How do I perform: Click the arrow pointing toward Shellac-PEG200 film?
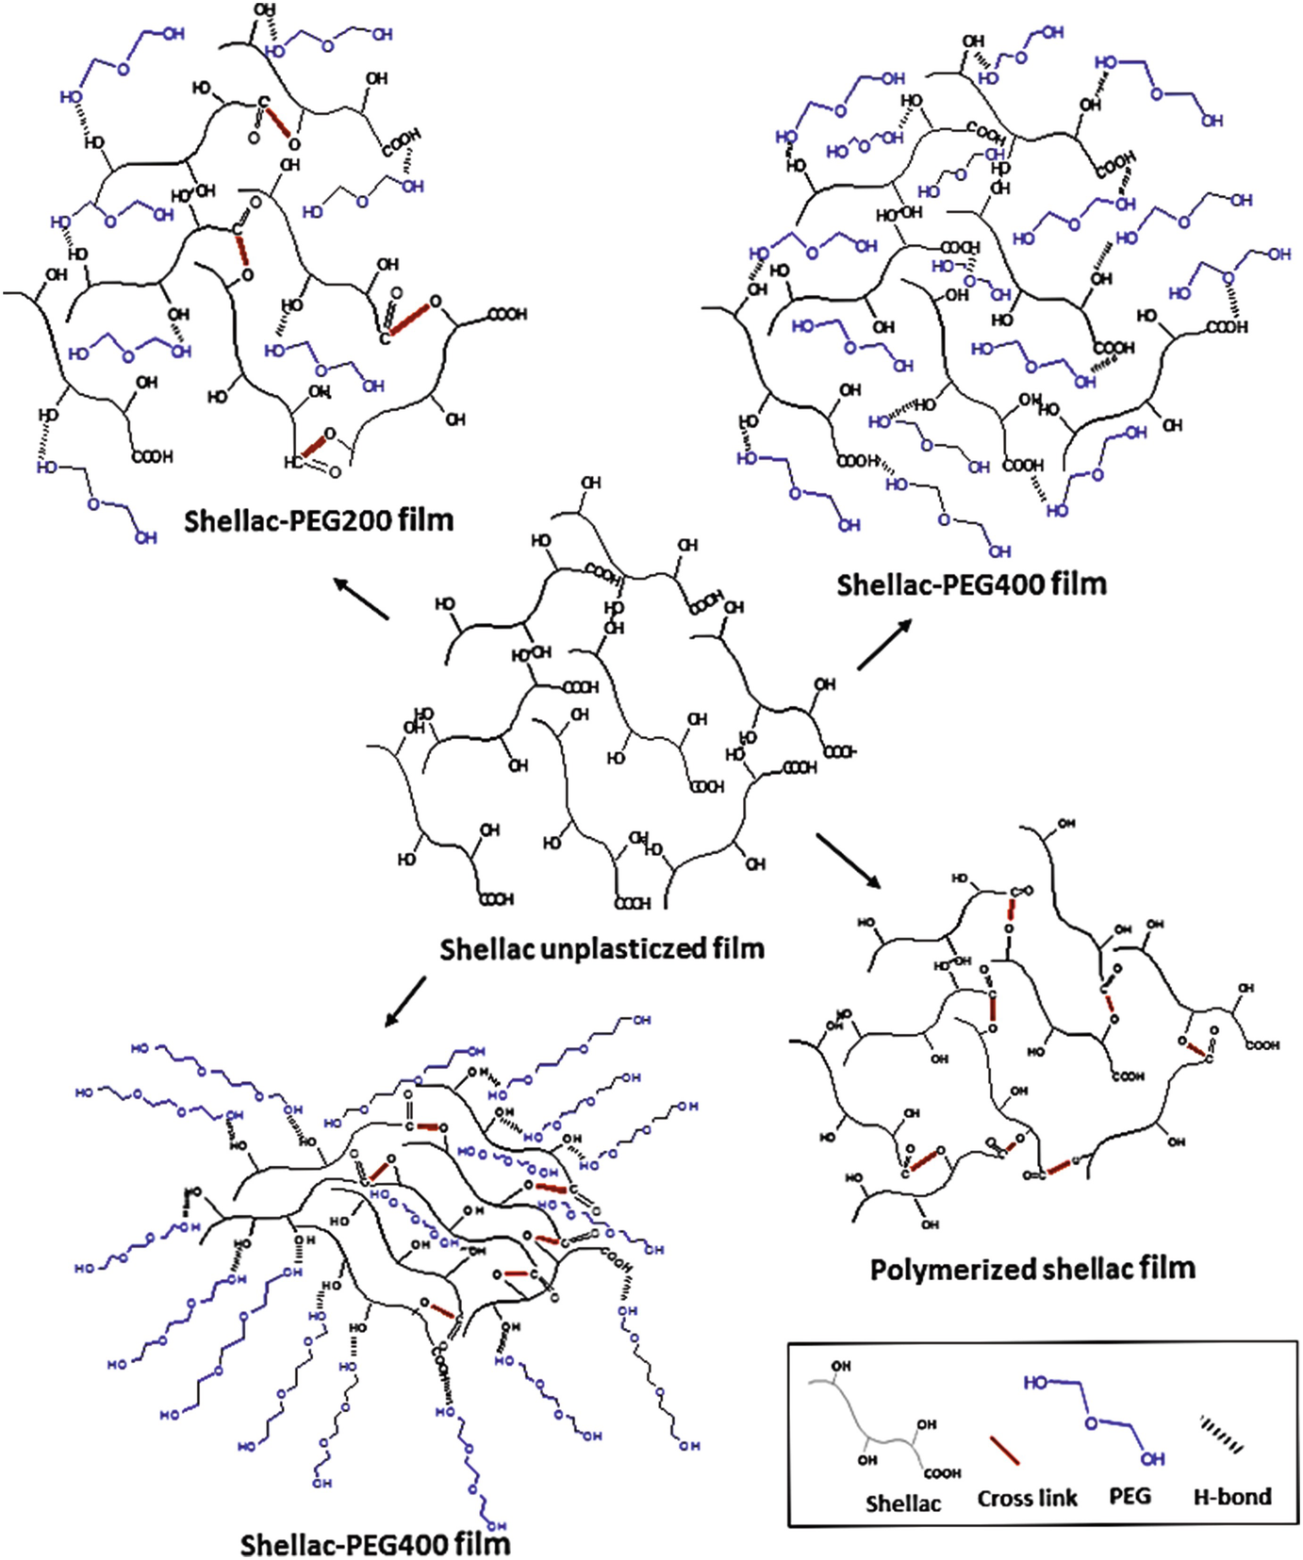click(x=361, y=599)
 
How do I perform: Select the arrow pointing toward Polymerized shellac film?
click(x=848, y=860)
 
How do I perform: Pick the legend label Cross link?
click(x=1027, y=1498)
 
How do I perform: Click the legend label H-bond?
click(x=1231, y=1496)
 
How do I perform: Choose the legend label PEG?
click(x=1130, y=1496)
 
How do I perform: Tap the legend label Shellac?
click(x=902, y=1503)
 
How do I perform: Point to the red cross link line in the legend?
click(x=1004, y=1451)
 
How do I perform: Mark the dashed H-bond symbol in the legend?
click(x=1221, y=1434)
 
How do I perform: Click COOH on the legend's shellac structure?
click(x=942, y=1472)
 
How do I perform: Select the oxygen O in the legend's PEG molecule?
click(x=1091, y=1422)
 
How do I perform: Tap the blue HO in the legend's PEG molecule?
click(x=1035, y=1382)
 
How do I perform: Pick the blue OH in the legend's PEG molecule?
click(x=1152, y=1459)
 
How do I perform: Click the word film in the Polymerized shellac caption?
click(x=1165, y=1269)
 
